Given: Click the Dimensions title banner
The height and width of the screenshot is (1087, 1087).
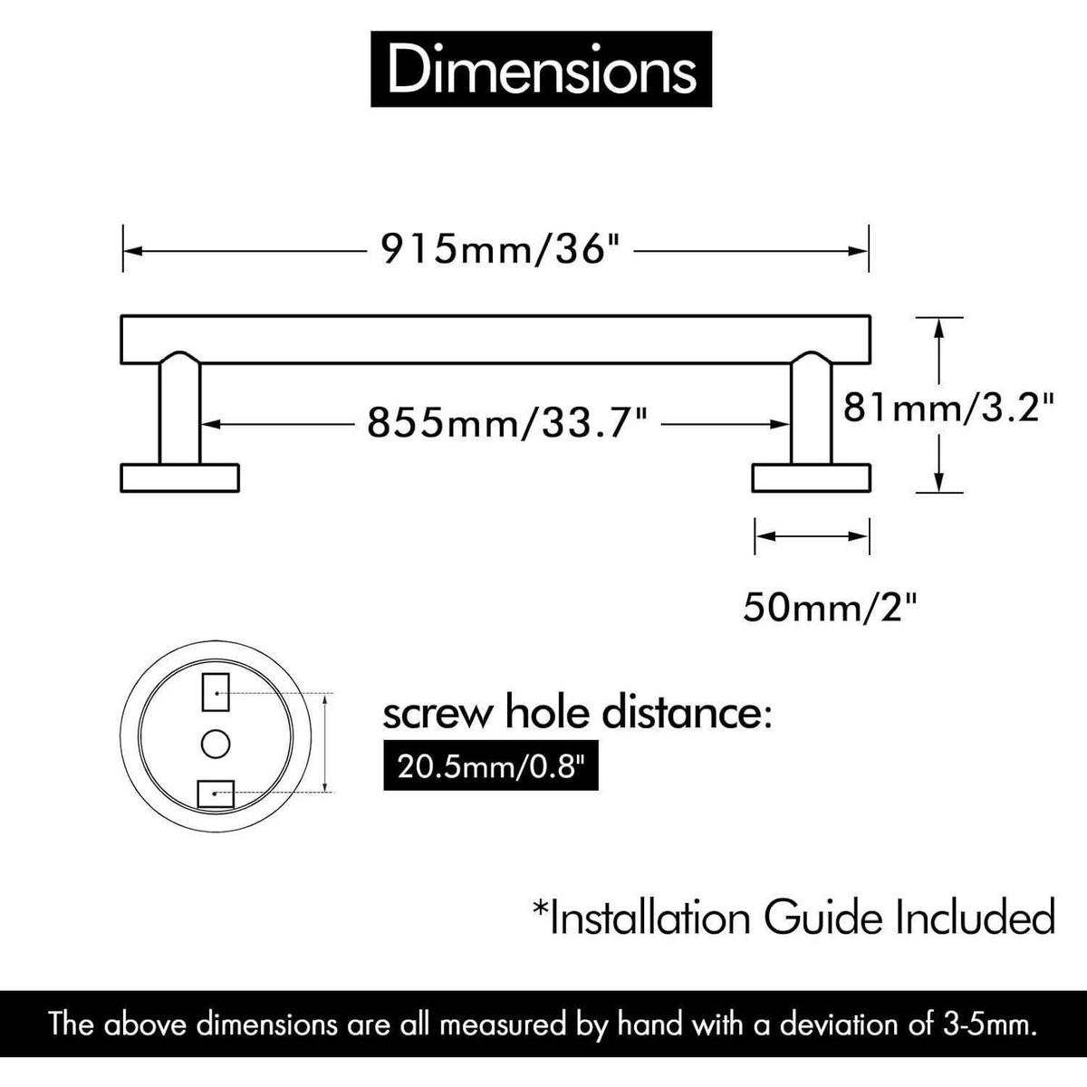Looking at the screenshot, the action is (x=541, y=69).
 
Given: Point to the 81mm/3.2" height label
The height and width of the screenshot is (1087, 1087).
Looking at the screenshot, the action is (x=948, y=408).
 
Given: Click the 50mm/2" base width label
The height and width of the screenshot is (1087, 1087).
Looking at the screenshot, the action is (x=830, y=607).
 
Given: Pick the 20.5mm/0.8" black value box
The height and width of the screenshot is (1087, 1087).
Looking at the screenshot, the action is (x=491, y=766).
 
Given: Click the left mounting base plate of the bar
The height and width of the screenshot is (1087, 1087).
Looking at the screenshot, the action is (x=180, y=477).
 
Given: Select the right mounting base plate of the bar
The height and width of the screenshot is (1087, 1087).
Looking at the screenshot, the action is (x=811, y=477).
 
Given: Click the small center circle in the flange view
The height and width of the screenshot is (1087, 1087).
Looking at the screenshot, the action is (x=216, y=744).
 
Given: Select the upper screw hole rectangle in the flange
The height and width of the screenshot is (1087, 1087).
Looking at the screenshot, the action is (x=216, y=691).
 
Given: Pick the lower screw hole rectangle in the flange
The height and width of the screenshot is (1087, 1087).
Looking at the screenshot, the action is (x=216, y=794).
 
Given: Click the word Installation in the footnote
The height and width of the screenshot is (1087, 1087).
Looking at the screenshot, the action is (x=644, y=918).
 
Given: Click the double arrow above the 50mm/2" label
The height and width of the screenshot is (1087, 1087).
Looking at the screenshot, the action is (x=812, y=535).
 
